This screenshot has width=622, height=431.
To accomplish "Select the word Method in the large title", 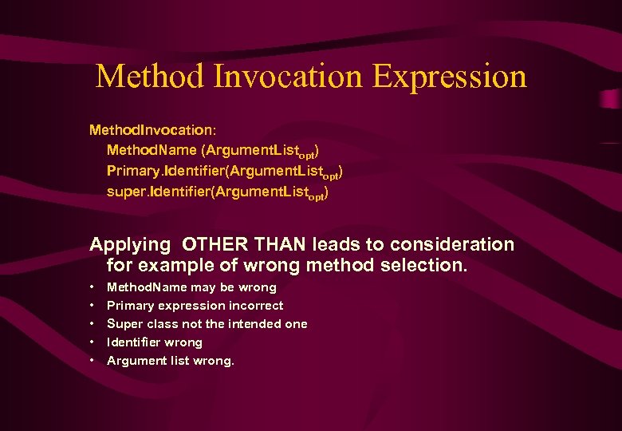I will pos(150,77).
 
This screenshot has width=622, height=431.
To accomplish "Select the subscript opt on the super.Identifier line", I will pos(315,196).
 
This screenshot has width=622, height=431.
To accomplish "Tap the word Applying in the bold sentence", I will pos(130,244).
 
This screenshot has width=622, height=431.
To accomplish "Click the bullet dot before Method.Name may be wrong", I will pos(93,287).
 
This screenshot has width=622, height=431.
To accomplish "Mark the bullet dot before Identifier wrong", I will pos(93,342).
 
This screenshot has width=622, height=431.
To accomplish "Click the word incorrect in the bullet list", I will pos(255,305).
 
